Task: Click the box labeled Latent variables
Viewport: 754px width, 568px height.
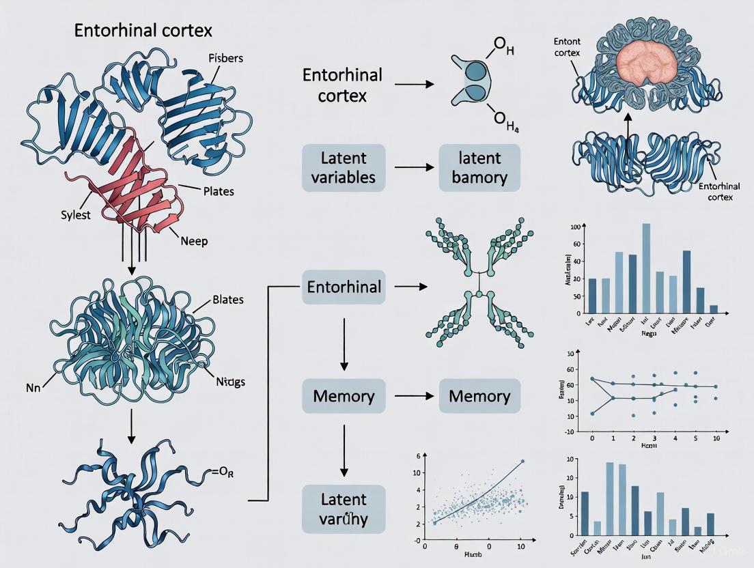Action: pos(344,167)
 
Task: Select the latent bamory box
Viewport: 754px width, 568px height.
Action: pos(479,167)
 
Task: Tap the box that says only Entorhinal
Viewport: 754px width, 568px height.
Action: pos(344,287)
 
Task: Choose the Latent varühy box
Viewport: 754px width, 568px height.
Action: pos(344,509)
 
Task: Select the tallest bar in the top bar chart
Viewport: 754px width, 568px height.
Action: pos(646,268)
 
